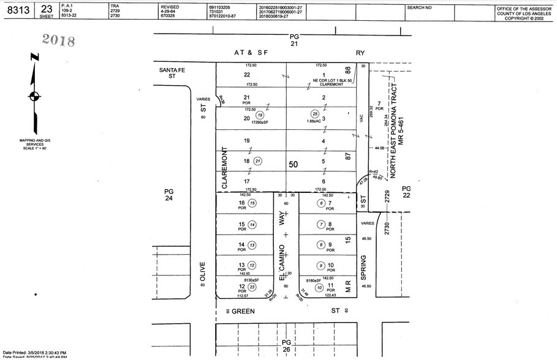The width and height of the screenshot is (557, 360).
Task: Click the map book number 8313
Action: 18,10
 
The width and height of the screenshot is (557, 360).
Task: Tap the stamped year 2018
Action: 58,40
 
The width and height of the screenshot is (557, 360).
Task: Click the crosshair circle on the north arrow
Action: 34,96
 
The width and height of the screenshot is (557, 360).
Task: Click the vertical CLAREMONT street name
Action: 225,166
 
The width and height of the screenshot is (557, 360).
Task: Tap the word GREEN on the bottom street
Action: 247,311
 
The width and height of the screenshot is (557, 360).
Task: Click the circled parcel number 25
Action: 315,114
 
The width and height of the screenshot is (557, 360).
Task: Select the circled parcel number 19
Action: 260,114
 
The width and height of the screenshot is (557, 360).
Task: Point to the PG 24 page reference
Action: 169,195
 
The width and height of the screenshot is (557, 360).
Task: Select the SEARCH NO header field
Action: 420,7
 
